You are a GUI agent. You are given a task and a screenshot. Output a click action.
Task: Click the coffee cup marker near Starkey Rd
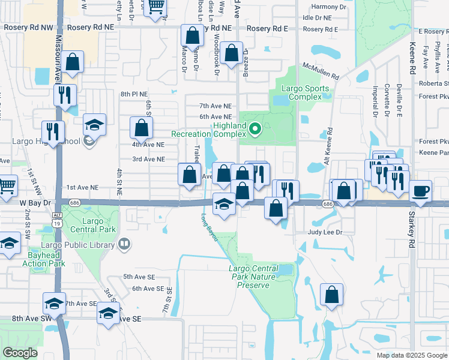(420, 191)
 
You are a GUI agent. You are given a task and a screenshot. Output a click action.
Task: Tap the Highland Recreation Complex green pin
(255, 128)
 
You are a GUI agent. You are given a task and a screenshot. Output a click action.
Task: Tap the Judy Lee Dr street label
(325, 232)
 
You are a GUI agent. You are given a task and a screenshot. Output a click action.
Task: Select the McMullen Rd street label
(321, 71)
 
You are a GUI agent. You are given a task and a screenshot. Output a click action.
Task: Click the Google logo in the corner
(20, 353)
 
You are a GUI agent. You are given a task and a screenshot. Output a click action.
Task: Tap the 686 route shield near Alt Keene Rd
(328, 205)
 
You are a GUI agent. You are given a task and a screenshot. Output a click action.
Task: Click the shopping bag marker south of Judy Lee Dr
(331, 295)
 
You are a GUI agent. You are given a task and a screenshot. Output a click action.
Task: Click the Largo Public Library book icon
(124, 244)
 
